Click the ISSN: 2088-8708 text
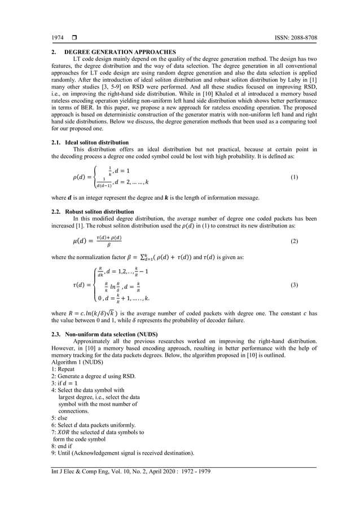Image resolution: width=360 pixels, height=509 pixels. pos(293,38)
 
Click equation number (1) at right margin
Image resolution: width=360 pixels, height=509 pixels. pos(294,177)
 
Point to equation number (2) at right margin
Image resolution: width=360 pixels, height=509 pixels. pos(294,241)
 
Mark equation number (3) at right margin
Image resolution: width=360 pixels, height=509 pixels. pos(294,286)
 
